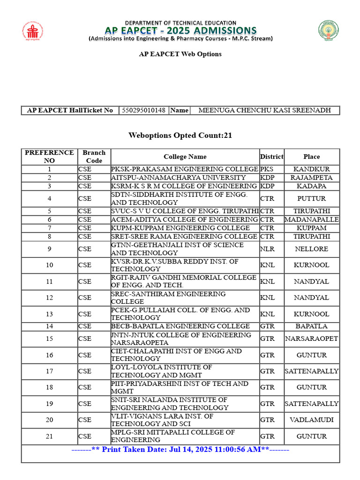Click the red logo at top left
[32, 31]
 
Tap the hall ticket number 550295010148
[143, 111]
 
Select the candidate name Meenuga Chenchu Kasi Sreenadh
[264, 111]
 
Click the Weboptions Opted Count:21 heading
[180, 135]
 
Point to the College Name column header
[185, 157]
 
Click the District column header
[271, 157]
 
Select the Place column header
[311, 157]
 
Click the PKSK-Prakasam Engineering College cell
[184, 169]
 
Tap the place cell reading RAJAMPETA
[311, 178]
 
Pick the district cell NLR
[267, 249]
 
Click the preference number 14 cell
[49, 326]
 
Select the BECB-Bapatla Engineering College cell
[180, 326]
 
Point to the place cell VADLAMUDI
[311, 420]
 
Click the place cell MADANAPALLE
[311, 220]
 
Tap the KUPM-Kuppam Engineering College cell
[180, 228]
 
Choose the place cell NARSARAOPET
[311, 339]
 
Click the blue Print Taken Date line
[180, 450]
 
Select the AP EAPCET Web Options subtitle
[180, 54]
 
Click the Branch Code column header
[94, 157]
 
